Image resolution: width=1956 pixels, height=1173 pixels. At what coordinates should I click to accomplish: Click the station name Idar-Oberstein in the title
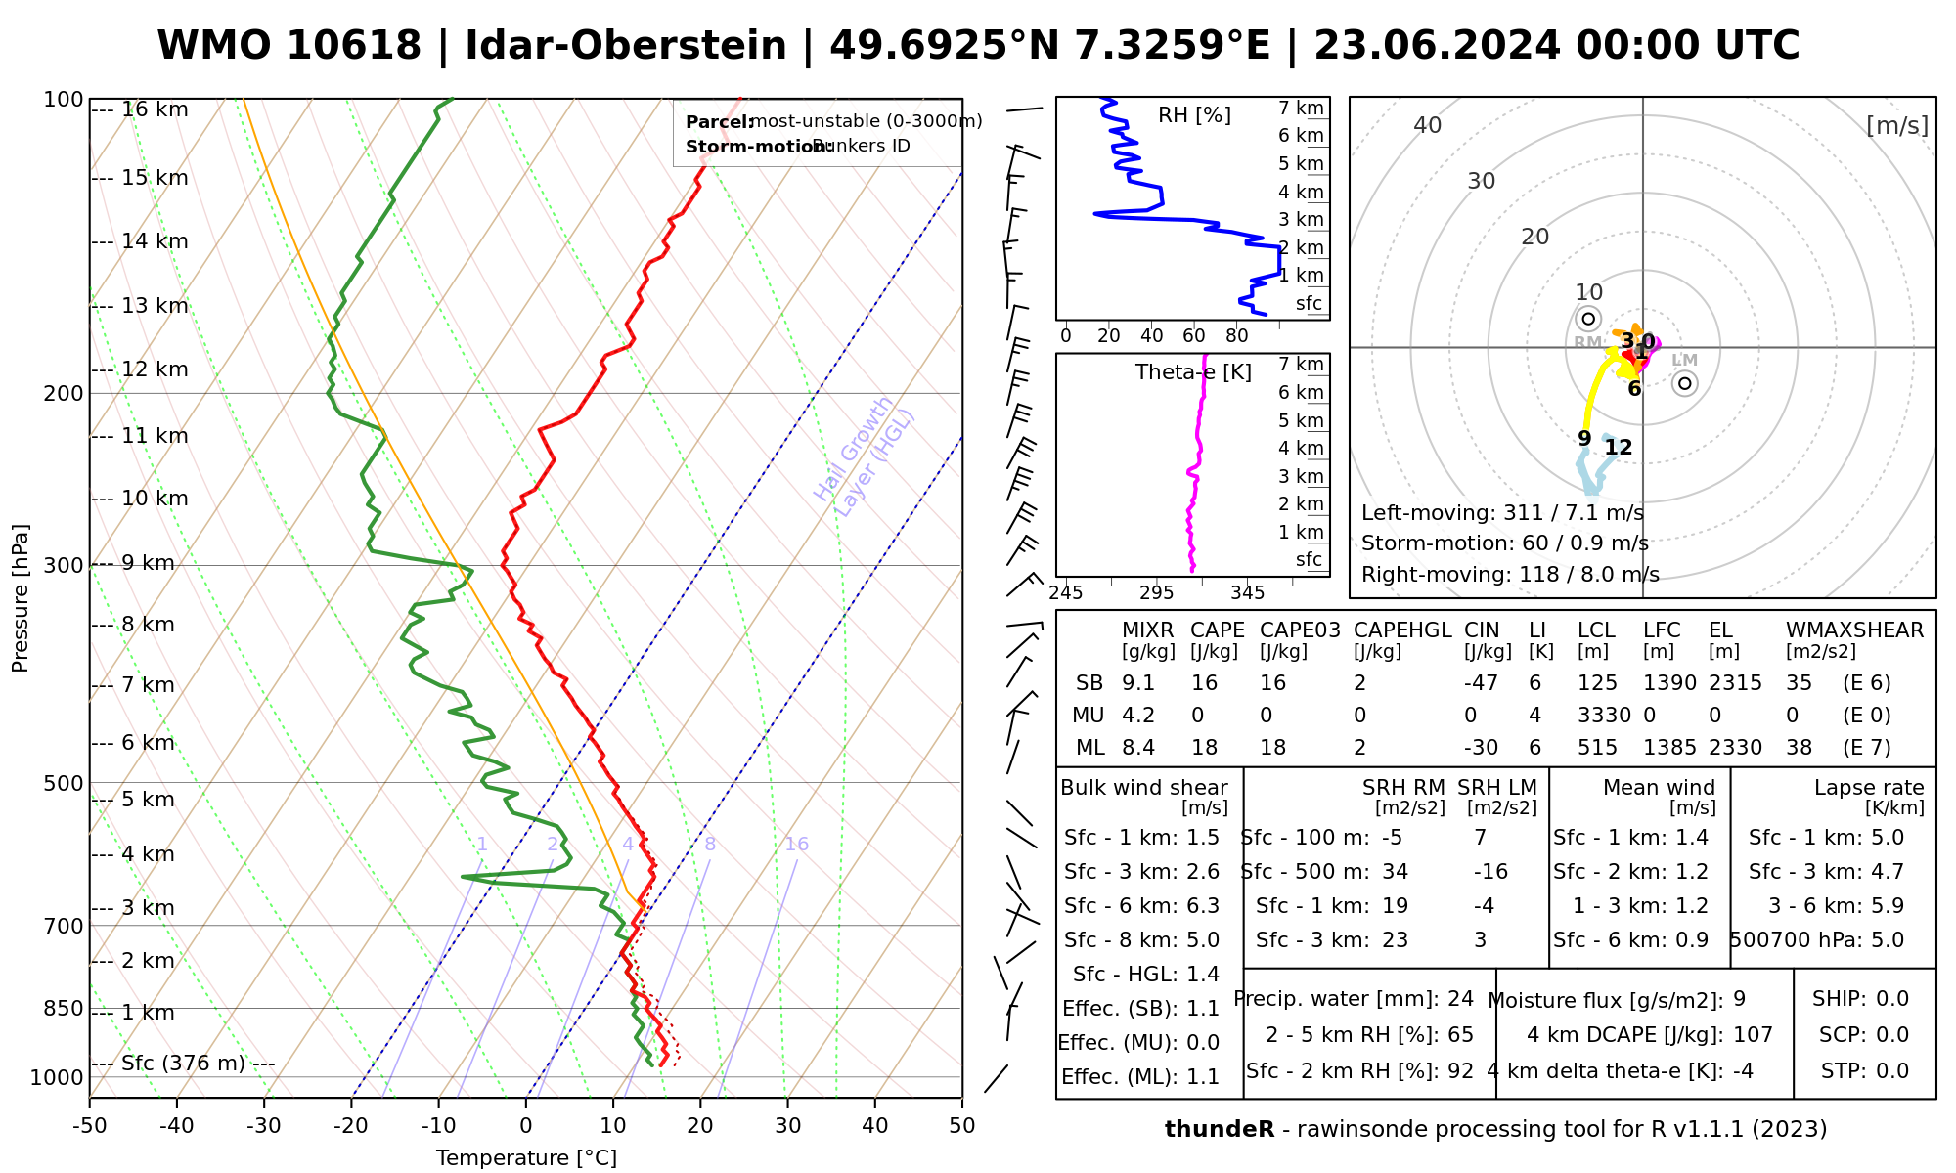coord(626,46)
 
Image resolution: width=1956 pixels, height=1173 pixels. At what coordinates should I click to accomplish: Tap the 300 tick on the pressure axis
coord(64,566)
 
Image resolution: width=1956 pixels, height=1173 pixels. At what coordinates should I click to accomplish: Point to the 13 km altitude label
coord(155,306)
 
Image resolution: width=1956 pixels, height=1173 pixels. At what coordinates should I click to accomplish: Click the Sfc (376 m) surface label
coord(183,1064)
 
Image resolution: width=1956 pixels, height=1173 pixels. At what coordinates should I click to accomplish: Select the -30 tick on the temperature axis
coord(264,1126)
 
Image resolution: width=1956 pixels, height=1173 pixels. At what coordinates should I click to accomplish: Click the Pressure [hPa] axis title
coord(21,598)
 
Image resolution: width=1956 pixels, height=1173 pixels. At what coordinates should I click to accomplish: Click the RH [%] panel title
coord(1194,115)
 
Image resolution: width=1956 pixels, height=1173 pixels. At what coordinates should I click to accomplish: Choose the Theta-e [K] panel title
coord(1193,372)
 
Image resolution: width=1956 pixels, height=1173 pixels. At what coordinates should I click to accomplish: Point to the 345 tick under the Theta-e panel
coord(1247,593)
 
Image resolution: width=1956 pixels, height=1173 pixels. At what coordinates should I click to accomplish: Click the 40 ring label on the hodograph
coord(1428,125)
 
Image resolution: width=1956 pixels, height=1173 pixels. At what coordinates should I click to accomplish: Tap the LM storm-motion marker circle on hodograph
coord(1684,383)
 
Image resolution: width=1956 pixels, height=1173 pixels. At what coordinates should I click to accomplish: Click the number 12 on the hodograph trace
coord(1619,448)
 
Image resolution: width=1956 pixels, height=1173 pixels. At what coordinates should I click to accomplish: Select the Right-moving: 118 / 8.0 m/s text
coord(1510,575)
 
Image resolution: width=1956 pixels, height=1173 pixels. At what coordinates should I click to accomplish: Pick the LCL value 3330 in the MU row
coord(1604,716)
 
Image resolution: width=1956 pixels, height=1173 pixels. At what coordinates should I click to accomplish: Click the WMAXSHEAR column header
coord(1854,630)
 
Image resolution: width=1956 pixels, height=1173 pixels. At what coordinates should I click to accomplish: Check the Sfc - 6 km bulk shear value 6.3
coord(1202,906)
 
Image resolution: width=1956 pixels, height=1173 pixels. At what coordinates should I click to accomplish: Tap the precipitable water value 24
coord(1460,999)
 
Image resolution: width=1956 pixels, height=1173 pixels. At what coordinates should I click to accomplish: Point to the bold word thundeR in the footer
coord(1220,1130)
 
